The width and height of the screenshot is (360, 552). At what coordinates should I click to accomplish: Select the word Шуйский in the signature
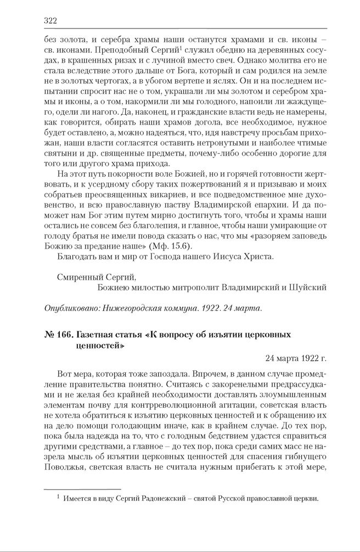311,287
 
